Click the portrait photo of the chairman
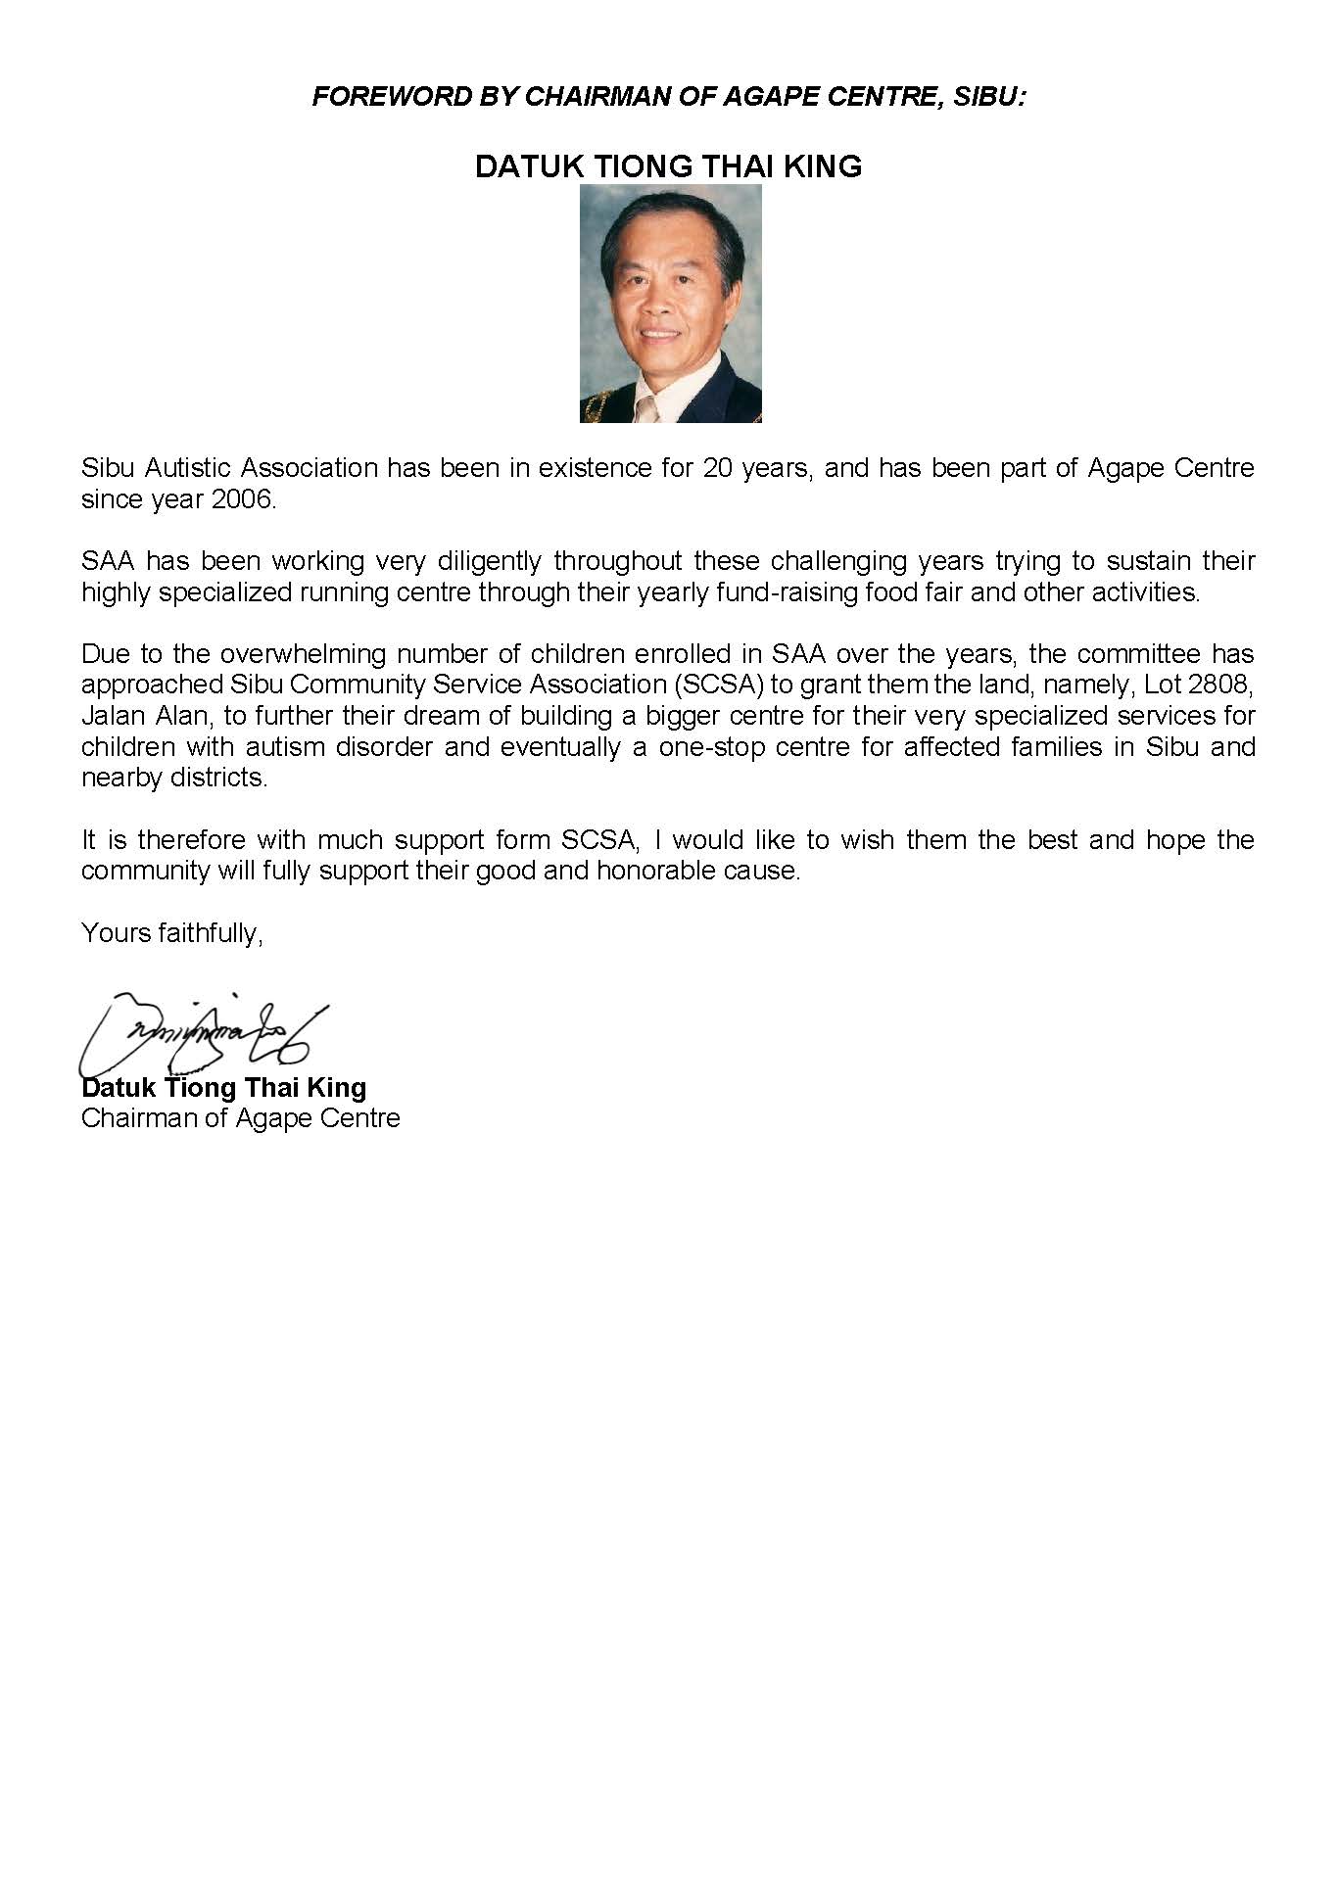(670, 304)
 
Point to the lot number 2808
(1223, 685)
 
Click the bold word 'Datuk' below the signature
(119, 1088)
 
